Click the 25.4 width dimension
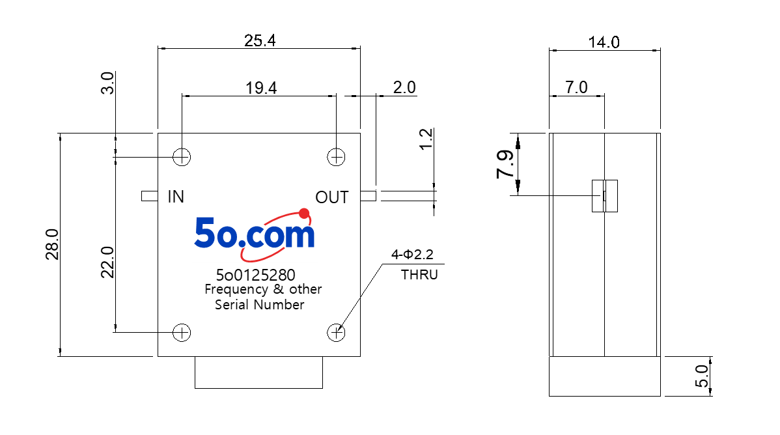260,40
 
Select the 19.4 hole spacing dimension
261,88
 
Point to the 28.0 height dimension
52,244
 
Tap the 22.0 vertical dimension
107,262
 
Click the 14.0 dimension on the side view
604,42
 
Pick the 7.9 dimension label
505,163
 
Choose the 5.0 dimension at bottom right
701,376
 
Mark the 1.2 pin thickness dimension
426,139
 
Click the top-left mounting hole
182,157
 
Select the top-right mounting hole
336,157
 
